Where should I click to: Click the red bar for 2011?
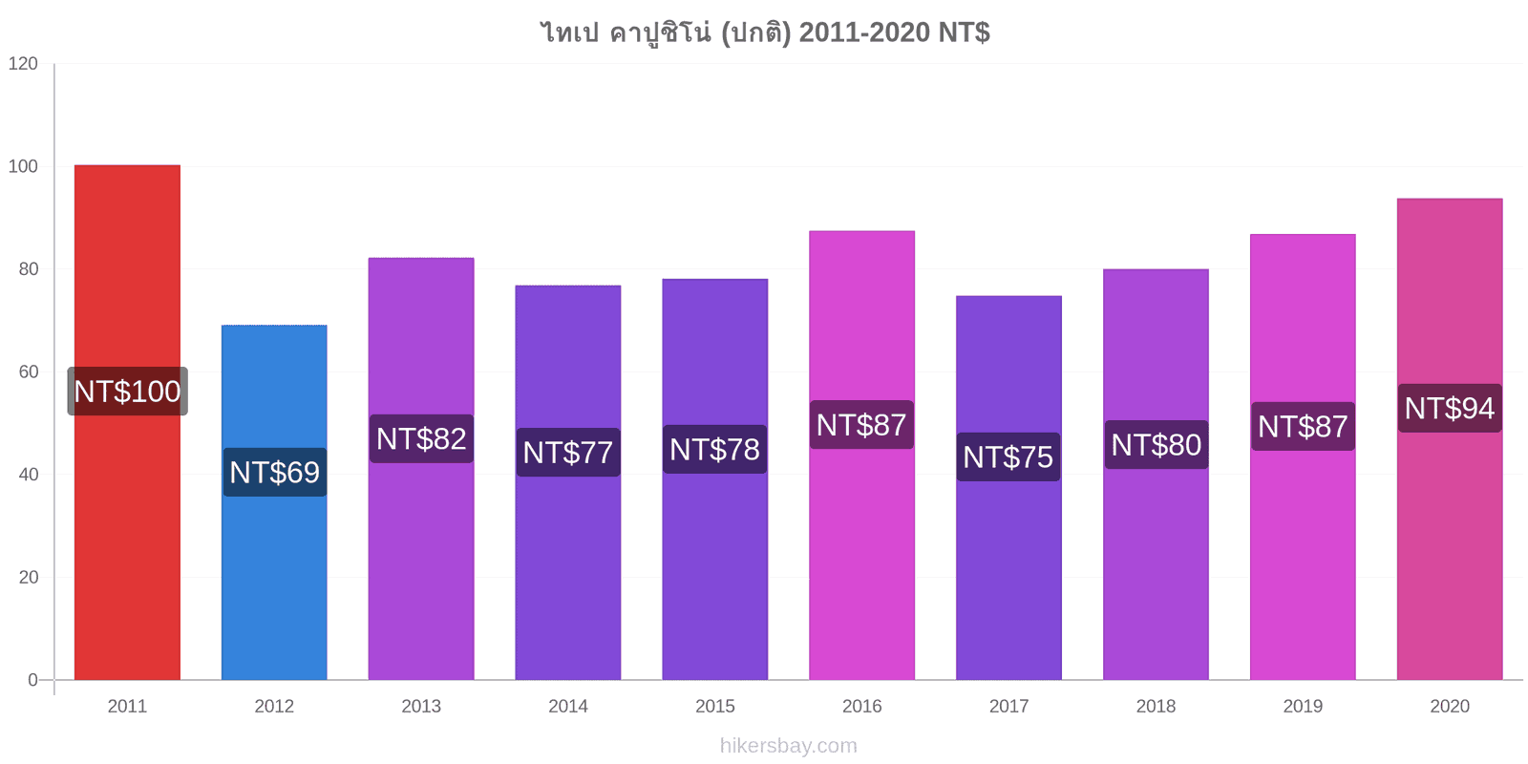point(128,422)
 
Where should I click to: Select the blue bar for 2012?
point(274,502)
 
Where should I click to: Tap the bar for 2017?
point(1008,488)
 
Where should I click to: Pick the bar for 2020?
point(1450,439)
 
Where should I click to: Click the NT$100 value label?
point(128,392)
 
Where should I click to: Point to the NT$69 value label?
point(275,472)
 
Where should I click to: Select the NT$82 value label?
point(421,438)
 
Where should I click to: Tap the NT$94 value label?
point(1450,409)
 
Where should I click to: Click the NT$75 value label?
point(1008,457)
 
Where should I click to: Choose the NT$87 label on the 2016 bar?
point(861,425)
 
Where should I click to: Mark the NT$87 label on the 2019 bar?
point(1303,426)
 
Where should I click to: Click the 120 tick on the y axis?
point(23,63)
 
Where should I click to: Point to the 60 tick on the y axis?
point(29,371)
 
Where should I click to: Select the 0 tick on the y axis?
point(32,680)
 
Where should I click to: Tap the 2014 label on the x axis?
point(568,706)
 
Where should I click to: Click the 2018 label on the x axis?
point(1156,706)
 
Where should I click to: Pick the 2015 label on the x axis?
point(715,706)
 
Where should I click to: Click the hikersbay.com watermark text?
point(789,746)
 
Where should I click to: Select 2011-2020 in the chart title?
point(864,32)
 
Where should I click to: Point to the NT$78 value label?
point(715,450)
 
